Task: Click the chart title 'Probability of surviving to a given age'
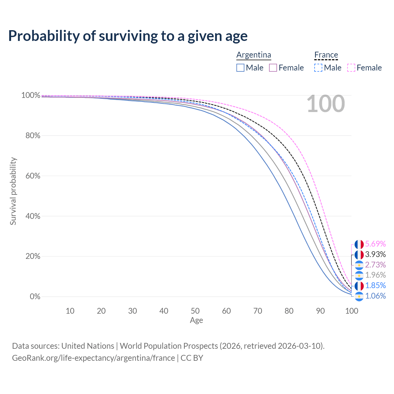(128, 36)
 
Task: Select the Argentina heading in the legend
(254, 55)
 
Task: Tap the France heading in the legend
(326, 55)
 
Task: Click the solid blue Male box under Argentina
(240, 68)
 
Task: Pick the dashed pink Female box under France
(351, 68)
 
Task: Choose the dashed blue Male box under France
(318, 68)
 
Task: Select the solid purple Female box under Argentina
(273, 68)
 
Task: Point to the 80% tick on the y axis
(33, 135)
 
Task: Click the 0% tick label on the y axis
(35, 296)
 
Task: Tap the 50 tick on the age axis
(195, 311)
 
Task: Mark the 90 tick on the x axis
(320, 311)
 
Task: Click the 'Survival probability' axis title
(13, 191)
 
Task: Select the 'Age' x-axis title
(196, 320)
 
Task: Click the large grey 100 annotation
(326, 104)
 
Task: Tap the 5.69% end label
(376, 244)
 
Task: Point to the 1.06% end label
(376, 296)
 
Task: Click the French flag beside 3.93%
(359, 255)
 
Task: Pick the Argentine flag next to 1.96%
(359, 275)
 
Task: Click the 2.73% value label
(376, 265)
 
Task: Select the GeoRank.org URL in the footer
(94, 358)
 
